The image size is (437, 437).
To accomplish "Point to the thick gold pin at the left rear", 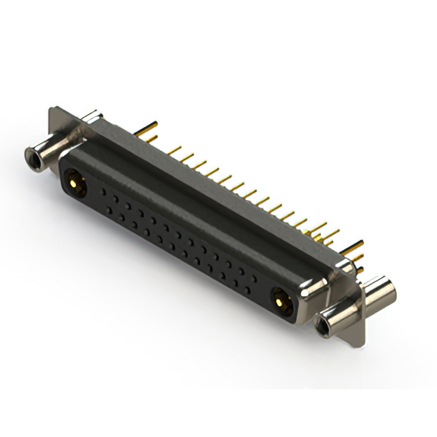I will [151, 127].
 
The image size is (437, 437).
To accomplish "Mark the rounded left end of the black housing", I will [63, 174].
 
